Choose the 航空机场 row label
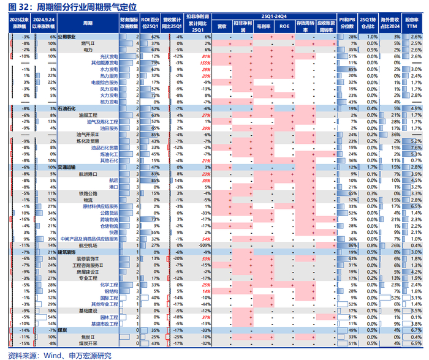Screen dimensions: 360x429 (105, 245)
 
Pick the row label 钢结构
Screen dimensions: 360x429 (109, 291)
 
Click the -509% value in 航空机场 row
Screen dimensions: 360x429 (196, 245)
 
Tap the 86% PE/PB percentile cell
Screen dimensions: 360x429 (352, 245)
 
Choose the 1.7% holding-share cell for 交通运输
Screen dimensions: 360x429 (372, 167)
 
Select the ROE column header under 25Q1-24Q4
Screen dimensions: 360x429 (284, 27)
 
